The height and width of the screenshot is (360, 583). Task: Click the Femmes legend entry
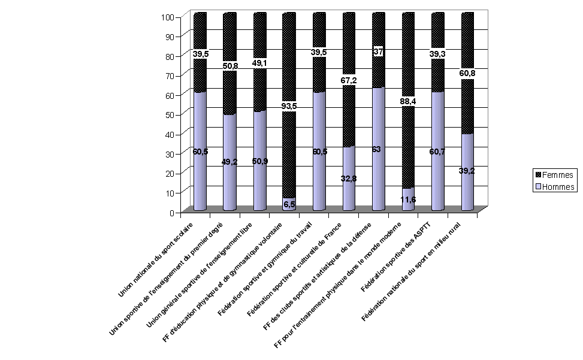coord(554,176)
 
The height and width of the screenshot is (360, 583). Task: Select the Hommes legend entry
coord(554,187)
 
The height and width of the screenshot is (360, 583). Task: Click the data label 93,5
coord(289,107)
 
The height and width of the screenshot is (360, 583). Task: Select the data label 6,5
coord(289,204)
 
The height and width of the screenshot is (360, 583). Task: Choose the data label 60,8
coord(467,74)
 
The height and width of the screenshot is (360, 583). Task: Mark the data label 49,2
coord(229,162)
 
